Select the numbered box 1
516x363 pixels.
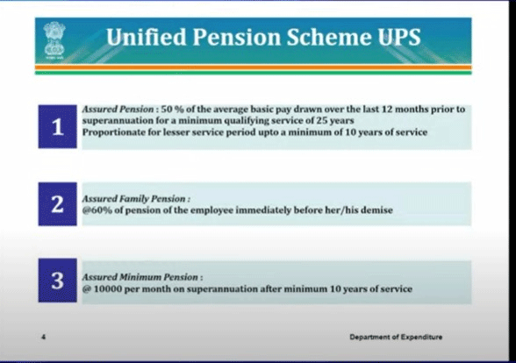tap(59, 126)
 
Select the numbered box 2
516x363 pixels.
tap(59, 205)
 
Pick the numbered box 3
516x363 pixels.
tap(59, 282)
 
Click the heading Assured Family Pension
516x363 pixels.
tap(136, 199)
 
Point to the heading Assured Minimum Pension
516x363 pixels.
tap(141, 275)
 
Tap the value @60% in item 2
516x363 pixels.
tap(98, 211)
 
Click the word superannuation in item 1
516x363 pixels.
tap(118, 121)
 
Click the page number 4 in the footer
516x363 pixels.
tap(45, 337)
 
